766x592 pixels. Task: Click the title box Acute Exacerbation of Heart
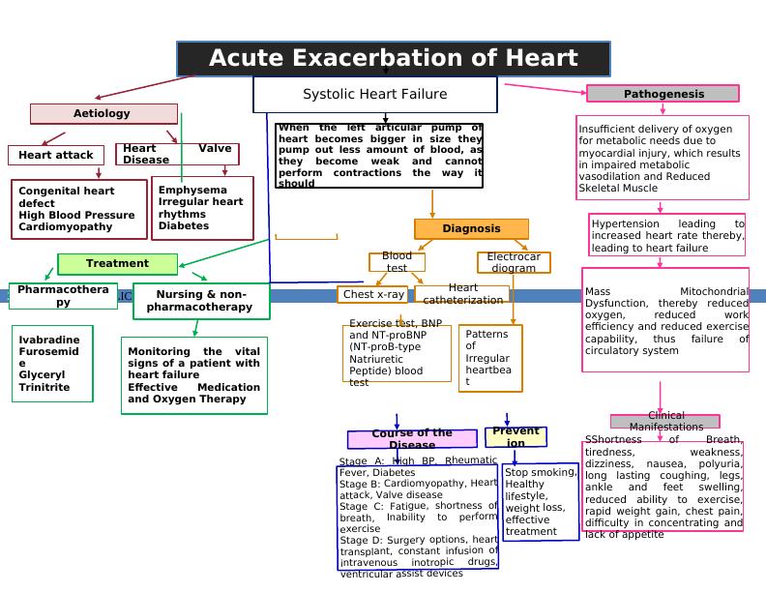click(x=393, y=58)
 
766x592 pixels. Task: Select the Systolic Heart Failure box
click(x=375, y=95)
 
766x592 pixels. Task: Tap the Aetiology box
click(x=103, y=114)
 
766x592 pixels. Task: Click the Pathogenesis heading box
click(x=663, y=94)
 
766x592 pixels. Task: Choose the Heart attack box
click(x=56, y=155)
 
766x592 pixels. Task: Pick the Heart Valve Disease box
click(x=177, y=154)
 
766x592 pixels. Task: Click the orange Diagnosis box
click(x=471, y=229)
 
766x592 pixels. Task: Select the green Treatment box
click(x=117, y=264)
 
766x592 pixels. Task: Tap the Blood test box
click(x=397, y=262)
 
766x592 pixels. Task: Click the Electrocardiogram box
click(x=514, y=263)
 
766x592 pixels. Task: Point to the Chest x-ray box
click(x=374, y=294)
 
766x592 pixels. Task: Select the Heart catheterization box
click(x=463, y=294)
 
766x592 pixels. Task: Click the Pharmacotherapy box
click(x=63, y=296)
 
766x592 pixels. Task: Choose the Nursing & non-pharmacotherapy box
click(x=200, y=301)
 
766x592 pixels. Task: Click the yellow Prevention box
click(x=516, y=437)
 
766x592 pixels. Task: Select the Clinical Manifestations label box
click(x=665, y=422)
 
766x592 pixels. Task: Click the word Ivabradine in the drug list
click(x=49, y=340)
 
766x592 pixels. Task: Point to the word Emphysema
click(x=192, y=191)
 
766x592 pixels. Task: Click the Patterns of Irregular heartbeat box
click(x=490, y=358)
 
